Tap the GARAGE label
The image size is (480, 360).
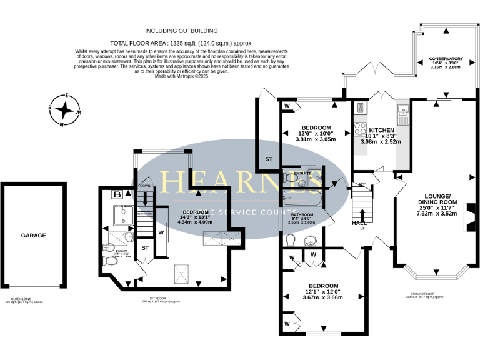34,236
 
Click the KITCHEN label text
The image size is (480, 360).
381,129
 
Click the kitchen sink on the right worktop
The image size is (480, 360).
402,114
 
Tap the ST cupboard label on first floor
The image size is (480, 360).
145,248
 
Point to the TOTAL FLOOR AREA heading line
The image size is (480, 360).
181,43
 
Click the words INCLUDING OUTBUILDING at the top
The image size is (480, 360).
181,30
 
